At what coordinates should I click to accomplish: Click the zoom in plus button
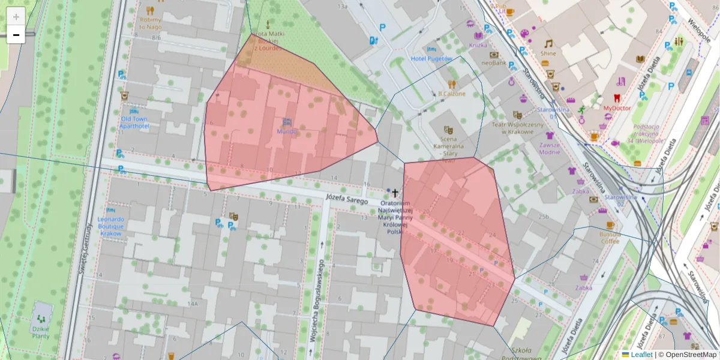click(16, 16)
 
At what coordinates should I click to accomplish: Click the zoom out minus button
click(16, 35)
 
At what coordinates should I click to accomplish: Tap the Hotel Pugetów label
click(431, 59)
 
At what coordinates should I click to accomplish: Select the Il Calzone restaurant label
click(451, 94)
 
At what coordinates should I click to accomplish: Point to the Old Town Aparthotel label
click(133, 122)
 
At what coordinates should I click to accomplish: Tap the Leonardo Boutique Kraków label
click(110, 226)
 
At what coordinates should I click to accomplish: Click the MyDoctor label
click(617, 108)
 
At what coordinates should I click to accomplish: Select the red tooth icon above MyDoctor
click(616, 98)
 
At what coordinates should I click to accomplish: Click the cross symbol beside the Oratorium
click(395, 193)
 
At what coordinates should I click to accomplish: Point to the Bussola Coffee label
click(610, 238)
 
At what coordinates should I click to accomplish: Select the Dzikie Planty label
click(40, 332)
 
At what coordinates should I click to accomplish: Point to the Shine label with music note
click(548, 53)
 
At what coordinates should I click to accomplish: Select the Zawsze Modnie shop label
click(550, 148)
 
